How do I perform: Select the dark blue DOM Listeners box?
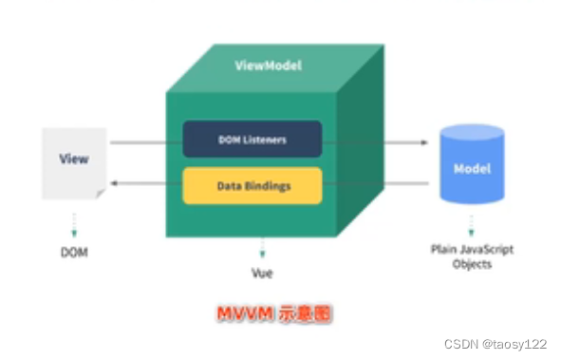click(x=252, y=139)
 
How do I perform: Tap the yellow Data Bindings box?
click(x=252, y=186)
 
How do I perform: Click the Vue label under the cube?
click(x=261, y=274)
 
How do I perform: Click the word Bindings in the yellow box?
click(x=269, y=186)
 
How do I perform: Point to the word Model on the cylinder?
click(x=471, y=167)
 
